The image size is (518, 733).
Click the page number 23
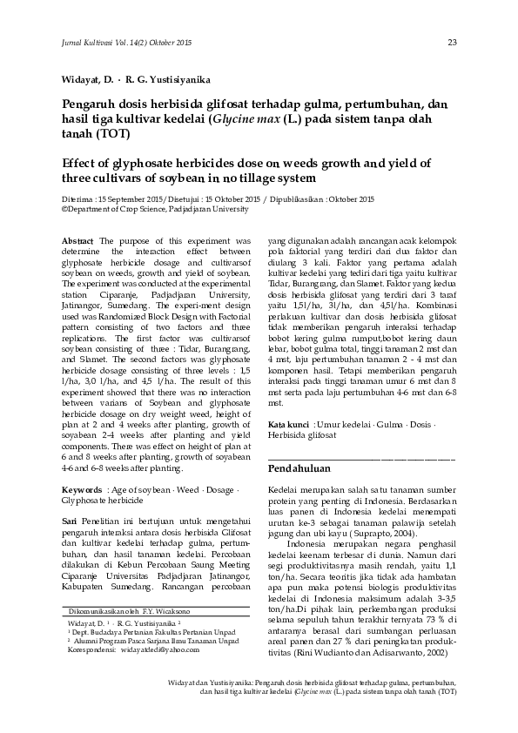tap(452, 42)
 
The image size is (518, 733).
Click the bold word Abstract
tap(78, 239)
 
